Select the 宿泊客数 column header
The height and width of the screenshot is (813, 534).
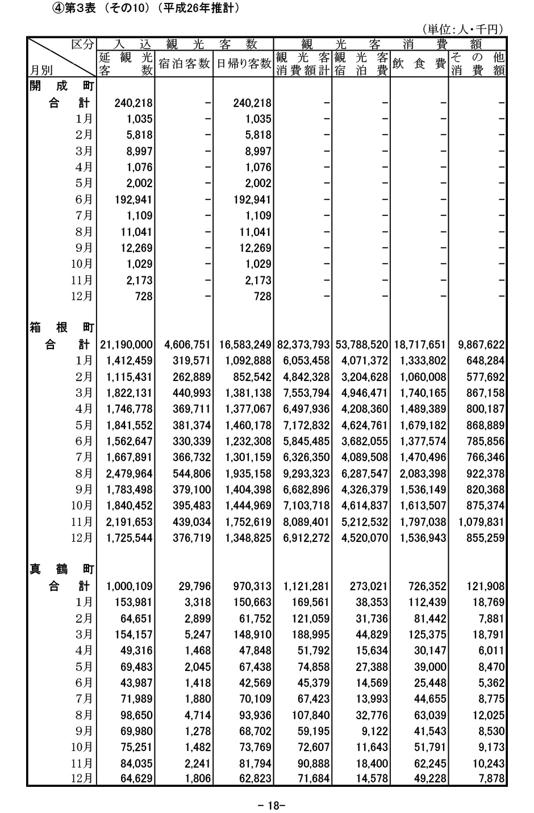tap(183, 64)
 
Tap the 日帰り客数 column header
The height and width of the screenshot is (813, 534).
tap(243, 64)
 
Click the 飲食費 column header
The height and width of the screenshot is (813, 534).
tap(419, 64)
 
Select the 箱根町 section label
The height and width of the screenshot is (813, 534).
tap(61, 328)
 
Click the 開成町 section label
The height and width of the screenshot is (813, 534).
tap(61, 86)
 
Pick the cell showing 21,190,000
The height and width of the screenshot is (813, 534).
tap(126, 345)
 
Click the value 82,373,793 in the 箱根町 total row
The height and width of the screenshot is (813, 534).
tap(303, 345)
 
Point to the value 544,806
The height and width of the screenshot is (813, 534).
tap(191, 457)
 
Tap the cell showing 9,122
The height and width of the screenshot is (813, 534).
tap(376, 731)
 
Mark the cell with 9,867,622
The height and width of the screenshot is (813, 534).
tap(478, 345)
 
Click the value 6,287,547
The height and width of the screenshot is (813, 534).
tap(364, 457)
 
